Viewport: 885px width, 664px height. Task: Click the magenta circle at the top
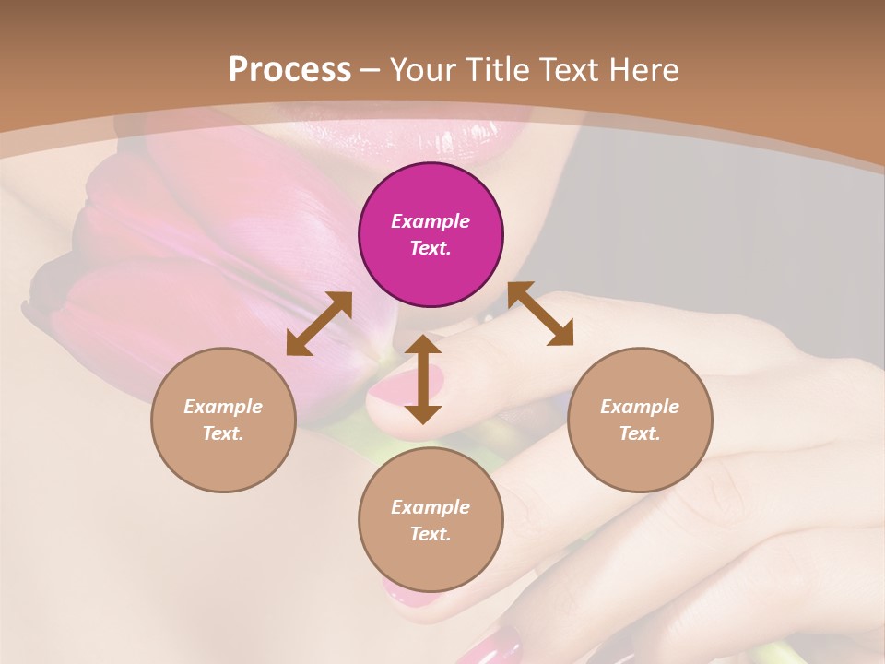point(431,235)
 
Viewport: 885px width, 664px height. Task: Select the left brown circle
point(223,420)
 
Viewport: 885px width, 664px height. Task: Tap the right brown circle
point(640,420)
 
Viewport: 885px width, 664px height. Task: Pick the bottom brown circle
point(431,520)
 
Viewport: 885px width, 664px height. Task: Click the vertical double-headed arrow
point(423,379)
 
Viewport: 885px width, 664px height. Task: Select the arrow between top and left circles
point(319,324)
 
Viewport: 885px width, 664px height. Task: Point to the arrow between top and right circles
point(540,314)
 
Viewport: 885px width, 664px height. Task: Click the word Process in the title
point(289,69)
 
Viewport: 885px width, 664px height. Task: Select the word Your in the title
point(422,69)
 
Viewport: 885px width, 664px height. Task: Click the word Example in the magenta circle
point(431,221)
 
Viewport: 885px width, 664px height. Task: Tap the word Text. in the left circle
point(223,433)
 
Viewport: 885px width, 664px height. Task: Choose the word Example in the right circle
point(640,407)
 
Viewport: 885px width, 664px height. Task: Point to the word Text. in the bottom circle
point(431,534)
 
